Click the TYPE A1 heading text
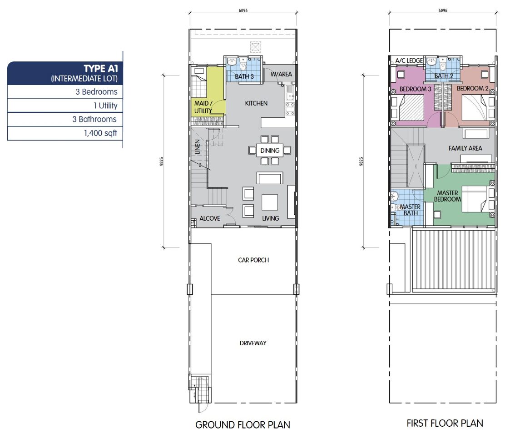pyautogui.click(x=101, y=69)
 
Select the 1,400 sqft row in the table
pyautogui.click(x=65, y=133)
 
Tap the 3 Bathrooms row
pyautogui.click(x=65, y=119)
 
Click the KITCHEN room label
pyautogui.click(x=256, y=103)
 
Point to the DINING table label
pyautogui.click(x=270, y=151)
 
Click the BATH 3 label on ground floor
pyautogui.click(x=244, y=76)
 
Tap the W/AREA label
pyautogui.click(x=281, y=74)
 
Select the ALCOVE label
pyautogui.click(x=210, y=218)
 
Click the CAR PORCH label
pyautogui.click(x=253, y=260)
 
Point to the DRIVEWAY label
pyautogui.click(x=253, y=343)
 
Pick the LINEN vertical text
pyautogui.click(x=198, y=146)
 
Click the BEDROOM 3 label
pyautogui.click(x=415, y=89)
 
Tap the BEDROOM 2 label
pyautogui.click(x=472, y=88)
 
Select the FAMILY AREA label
pyautogui.click(x=465, y=148)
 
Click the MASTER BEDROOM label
pyautogui.click(x=447, y=196)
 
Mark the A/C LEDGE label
pyautogui.click(x=409, y=61)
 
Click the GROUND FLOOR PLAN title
pyautogui.click(x=243, y=424)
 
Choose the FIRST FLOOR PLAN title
pyautogui.click(x=445, y=423)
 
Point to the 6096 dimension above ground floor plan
pyautogui.click(x=243, y=10)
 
